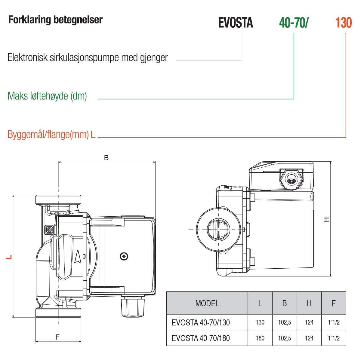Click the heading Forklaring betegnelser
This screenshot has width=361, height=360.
point(55,20)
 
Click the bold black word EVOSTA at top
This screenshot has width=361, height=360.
point(236,23)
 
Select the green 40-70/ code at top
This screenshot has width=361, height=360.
point(294,23)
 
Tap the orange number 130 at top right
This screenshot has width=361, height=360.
point(343,23)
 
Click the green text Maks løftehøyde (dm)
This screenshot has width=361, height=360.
point(47,96)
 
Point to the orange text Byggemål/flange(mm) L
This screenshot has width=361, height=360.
point(51,134)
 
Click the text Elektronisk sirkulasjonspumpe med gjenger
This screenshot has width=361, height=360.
point(88,57)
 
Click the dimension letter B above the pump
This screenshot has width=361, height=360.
point(106,158)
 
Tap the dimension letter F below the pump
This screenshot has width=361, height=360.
point(57,337)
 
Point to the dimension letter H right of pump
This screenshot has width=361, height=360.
point(326,220)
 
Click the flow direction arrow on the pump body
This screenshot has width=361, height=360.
point(78,257)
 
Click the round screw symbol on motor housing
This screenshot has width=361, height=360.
point(124,256)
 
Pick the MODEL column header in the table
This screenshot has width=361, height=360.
point(207,303)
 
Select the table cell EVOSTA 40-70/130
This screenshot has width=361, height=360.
point(201,323)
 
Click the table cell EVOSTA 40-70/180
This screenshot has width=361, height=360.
point(201,338)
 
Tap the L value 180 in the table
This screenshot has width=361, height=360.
point(260,338)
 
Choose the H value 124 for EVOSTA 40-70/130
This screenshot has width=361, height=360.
point(309,322)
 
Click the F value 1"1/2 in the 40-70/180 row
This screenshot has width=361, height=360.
point(334,338)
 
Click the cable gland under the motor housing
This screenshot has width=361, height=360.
point(133,307)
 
